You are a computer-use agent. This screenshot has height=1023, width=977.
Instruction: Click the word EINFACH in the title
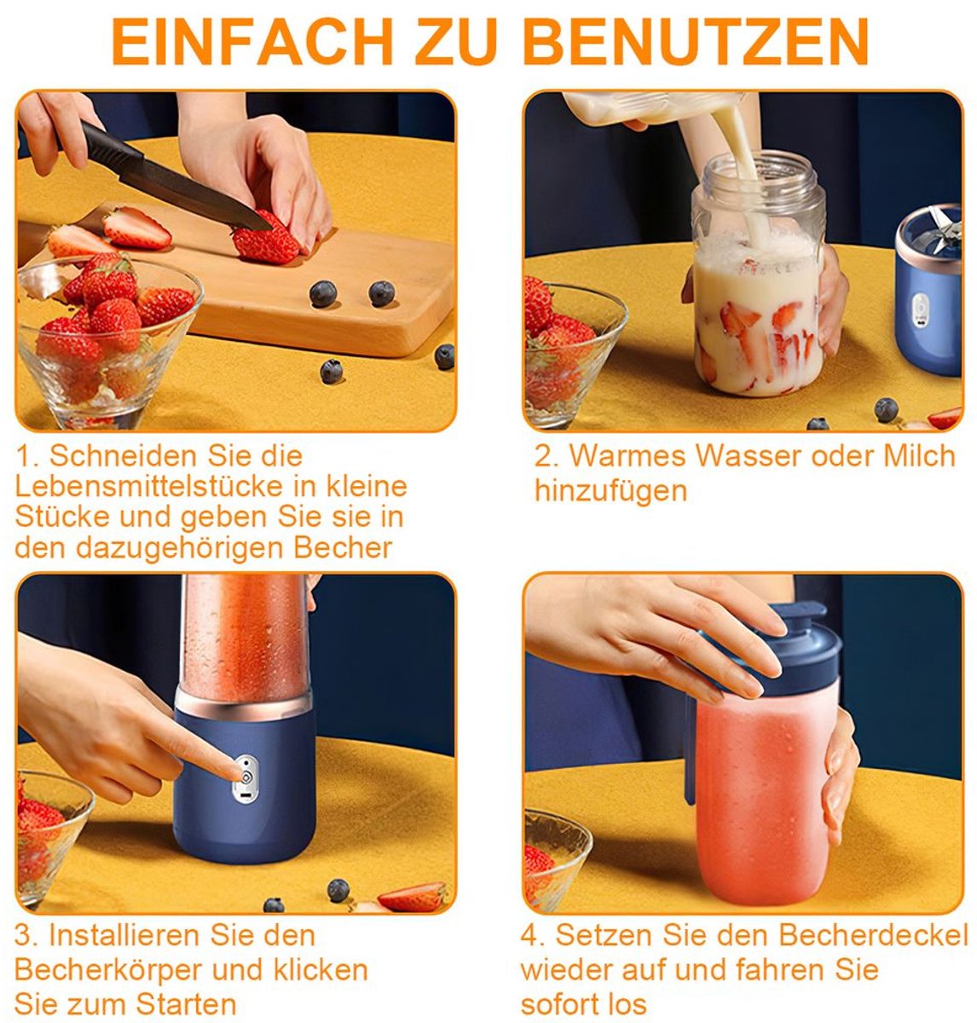point(252,42)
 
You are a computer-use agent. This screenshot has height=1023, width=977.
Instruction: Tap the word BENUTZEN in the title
point(695,42)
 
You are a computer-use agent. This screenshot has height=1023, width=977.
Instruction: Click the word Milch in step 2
point(919,456)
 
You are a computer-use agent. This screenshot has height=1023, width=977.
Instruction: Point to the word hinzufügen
point(611,491)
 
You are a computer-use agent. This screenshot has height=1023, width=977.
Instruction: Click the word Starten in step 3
point(186,1004)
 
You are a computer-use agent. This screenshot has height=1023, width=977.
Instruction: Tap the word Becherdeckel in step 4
point(873,934)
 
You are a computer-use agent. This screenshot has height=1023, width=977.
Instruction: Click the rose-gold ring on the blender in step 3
point(243,704)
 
